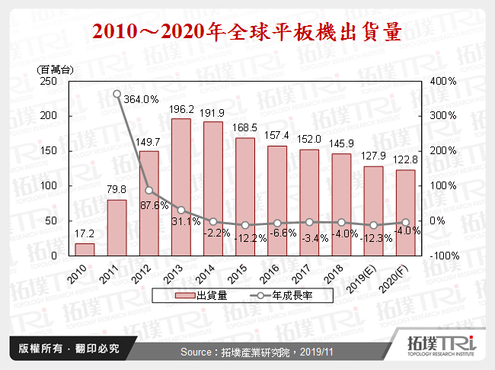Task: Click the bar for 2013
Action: [181, 188]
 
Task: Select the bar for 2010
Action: [85, 249]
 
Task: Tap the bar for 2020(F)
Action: [405, 213]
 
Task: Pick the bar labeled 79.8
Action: [117, 228]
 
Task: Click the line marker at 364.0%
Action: [117, 95]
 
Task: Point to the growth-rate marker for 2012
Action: [148, 191]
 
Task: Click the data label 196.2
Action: [181, 109]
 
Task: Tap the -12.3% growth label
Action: [373, 240]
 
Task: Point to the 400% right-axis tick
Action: [442, 81]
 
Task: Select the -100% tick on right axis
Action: [442, 256]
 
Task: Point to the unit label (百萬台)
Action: [56, 69]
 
